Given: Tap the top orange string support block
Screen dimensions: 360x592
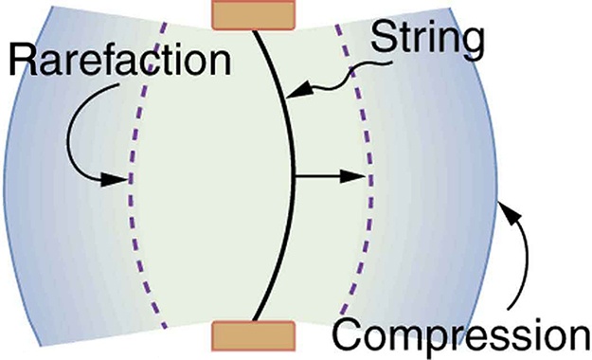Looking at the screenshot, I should (253, 14).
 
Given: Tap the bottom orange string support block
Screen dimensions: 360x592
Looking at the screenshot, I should (253, 336).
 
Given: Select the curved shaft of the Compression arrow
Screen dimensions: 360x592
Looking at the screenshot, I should (519, 265).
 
